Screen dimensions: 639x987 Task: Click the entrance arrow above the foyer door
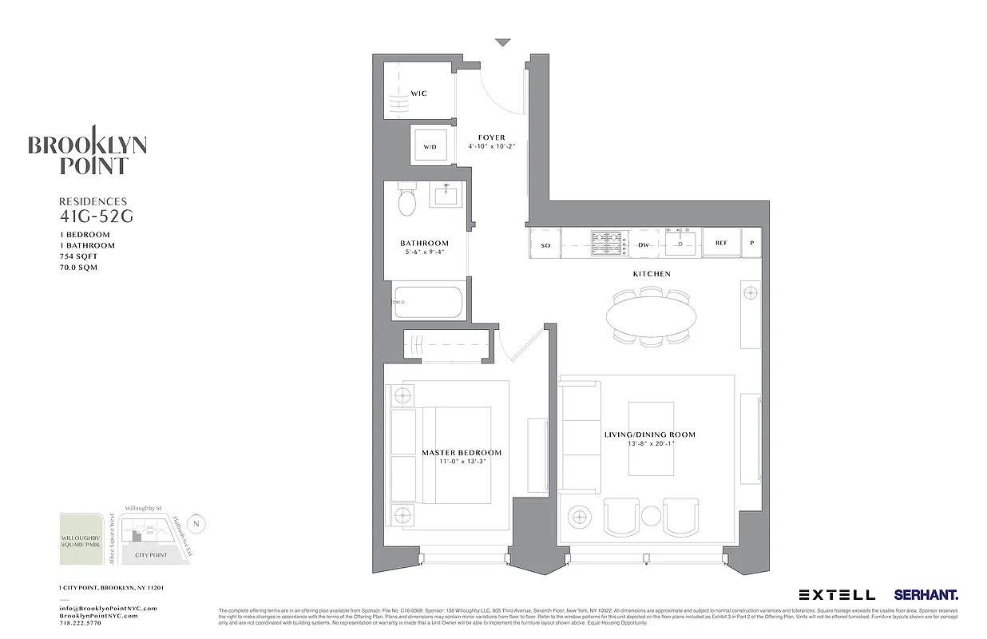pyautogui.click(x=501, y=42)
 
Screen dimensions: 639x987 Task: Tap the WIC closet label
pyautogui.click(x=418, y=93)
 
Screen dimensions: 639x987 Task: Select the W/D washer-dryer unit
pyautogui.click(x=430, y=147)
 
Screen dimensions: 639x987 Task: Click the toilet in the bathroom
pyautogui.click(x=406, y=201)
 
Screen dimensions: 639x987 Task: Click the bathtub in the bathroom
pyautogui.click(x=427, y=303)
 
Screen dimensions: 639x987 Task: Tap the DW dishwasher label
pyautogui.click(x=644, y=244)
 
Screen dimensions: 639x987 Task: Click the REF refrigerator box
pyautogui.click(x=721, y=244)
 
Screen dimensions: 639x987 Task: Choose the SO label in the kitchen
pyautogui.click(x=546, y=245)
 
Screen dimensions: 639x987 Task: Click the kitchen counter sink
pyautogui.click(x=680, y=242)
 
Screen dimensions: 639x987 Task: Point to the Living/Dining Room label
pyautogui.click(x=649, y=435)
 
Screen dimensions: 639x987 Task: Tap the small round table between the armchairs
pyautogui.click(x=651, y=515)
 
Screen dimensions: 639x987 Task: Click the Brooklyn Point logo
pyautogui.click(x=88, y=152)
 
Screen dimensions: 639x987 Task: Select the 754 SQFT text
pyautogui.click(x=78, y=256)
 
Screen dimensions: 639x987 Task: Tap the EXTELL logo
pyautogui.click(x=836, y=595)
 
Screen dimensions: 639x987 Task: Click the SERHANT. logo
pyautogui.click(x=926, y=595)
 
